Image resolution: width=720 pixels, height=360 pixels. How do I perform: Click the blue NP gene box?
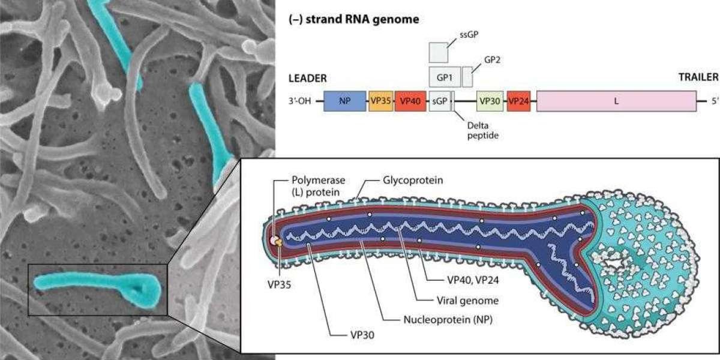coord(344,101)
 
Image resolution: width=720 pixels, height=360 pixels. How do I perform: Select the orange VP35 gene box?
coord(381,101)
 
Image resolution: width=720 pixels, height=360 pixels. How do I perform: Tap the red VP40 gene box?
coord(410,101)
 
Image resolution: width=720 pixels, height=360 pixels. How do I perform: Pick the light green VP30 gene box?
coord(490,101)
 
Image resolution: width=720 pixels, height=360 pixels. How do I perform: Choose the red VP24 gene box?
coord(519,101)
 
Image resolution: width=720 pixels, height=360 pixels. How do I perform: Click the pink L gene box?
coord(617,101)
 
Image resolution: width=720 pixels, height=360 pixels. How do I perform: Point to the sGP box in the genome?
coord(440,101)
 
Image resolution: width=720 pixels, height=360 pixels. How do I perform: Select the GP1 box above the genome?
coord(445,77)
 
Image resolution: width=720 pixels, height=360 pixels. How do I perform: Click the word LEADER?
coord(308,78)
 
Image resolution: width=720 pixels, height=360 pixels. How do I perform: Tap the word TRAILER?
coord(698,77)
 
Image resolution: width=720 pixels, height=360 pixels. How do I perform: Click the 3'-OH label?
coord(299,101)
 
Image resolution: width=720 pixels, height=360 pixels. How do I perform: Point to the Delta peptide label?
coord(483,131)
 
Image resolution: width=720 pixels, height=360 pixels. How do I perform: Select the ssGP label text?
coord(469,35)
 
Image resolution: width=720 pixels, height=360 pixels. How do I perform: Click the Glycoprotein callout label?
coord(413,180)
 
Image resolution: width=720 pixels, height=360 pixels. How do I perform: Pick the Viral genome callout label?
coord(467,301)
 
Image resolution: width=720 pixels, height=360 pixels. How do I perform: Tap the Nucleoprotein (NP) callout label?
coord(448,320)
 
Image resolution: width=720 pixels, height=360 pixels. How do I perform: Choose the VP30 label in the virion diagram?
coord(362,335)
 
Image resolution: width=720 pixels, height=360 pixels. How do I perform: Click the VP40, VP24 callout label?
coord(473,280)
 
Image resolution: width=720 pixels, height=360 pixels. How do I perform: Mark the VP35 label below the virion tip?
coord(280,285)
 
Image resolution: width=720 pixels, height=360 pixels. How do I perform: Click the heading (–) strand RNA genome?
coord(354,19)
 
